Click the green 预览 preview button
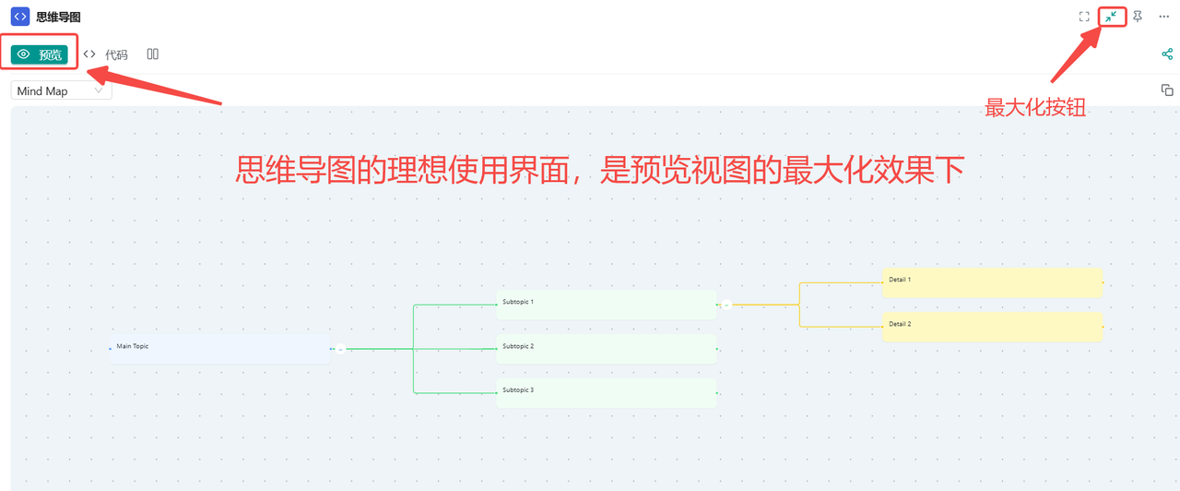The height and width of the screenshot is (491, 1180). pos(40,54)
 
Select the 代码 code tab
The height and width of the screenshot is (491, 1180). pos(106,54)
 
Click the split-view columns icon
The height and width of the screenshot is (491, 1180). pos(153,54)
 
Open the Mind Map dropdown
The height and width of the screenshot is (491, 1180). pos(61,90)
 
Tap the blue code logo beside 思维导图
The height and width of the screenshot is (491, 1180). pos(20,17)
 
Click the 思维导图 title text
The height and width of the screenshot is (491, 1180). pos(59,17)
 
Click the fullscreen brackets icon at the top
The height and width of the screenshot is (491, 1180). pos(1084,17)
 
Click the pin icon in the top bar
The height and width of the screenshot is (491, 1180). pos(1138,17)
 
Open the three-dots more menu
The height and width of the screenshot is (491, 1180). pos(1163,17)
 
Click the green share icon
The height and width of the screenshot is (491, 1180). pos(1167,54)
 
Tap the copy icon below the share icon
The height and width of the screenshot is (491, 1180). pos(1167,90)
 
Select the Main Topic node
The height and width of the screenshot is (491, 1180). pos(219,349)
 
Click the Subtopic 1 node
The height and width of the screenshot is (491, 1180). pos(606,305)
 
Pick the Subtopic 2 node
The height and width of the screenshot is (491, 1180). pos(606,349)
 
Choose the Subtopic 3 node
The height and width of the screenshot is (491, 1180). pos(606,392)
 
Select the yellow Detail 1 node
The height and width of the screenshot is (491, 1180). pos(992,282)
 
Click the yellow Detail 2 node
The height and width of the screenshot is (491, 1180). pos(992,327)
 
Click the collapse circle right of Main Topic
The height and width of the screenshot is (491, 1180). pos(340,349)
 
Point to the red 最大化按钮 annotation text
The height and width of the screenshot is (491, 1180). pos(1035,108)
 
